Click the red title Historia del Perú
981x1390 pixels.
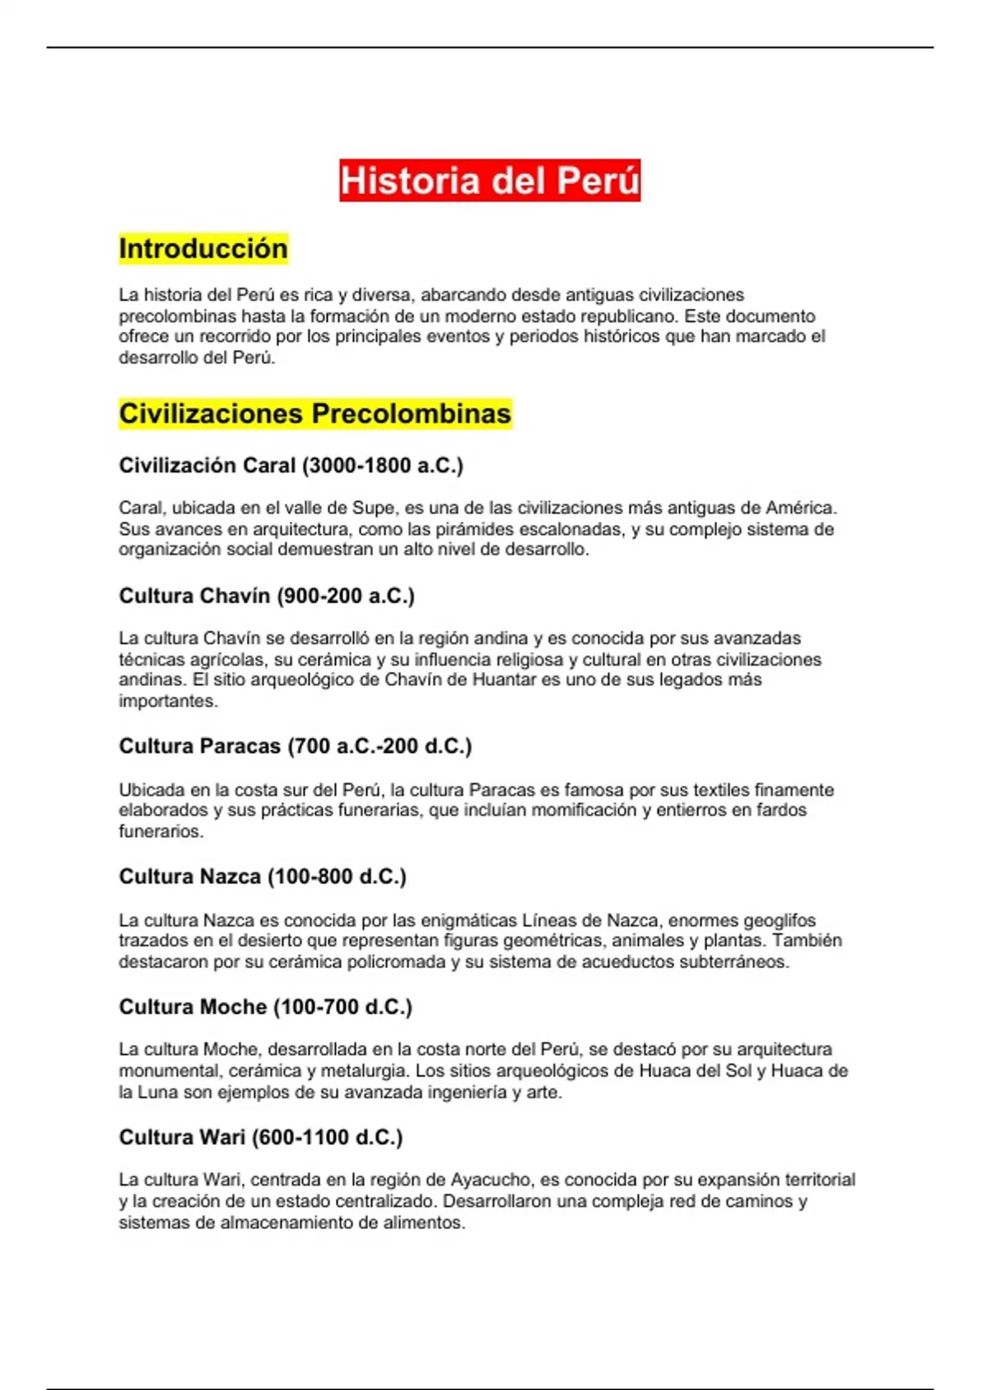490,181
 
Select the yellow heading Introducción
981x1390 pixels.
204,249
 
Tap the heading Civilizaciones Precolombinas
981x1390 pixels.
315,414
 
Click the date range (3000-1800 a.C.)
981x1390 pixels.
383,466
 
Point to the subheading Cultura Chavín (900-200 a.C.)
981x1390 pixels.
267,596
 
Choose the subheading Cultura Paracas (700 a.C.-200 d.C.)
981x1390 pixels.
295,747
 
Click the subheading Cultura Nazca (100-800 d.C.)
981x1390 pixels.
262,877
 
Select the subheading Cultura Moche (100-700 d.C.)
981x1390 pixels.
266,1007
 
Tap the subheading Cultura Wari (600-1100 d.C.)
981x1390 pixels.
261,1137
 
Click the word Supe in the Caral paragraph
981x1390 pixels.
374,509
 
